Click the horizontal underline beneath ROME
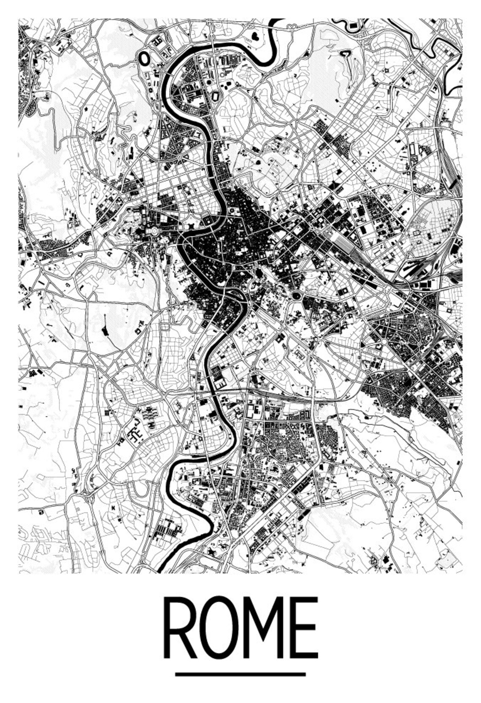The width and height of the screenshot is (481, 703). (240, 674)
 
